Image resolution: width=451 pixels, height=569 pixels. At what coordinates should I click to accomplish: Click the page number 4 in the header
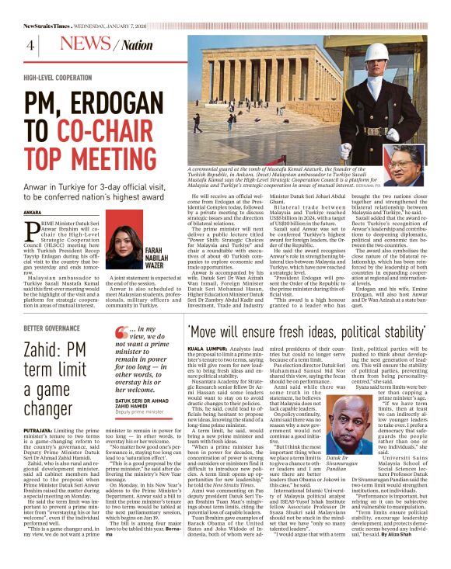pos(30,46)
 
